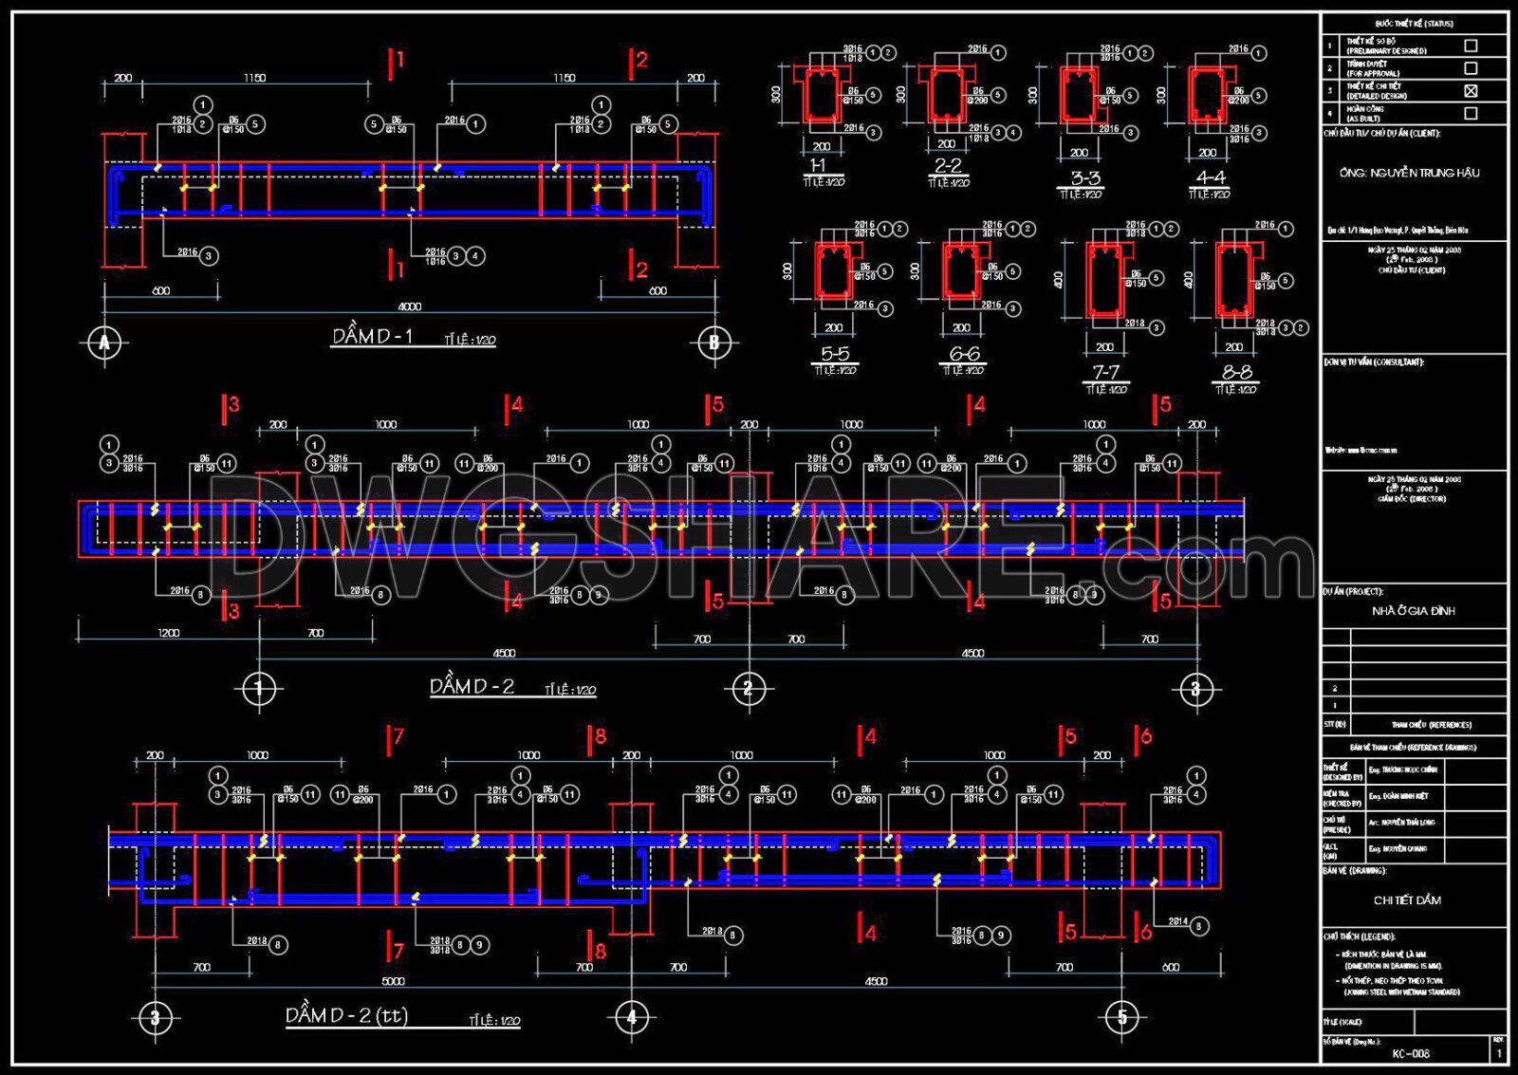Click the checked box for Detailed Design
point(1471,91)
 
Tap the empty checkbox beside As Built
point(1471,113)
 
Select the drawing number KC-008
point(1411,1053)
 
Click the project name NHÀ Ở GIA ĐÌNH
point(1413,611)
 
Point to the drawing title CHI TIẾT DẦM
point(1407,899)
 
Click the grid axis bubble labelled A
point(104,343)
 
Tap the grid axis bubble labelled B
point(714,343)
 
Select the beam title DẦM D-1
point(373,336)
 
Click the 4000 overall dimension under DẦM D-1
point(409,306)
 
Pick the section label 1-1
point(818,166)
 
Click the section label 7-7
point(1105,373)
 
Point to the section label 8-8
point(1236,373)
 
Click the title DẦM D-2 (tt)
point(346,1015)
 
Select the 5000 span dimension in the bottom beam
point(393,981)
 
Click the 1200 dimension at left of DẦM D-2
point(168,633)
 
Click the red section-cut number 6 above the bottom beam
point(1146,736)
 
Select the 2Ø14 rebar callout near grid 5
point(1177,921)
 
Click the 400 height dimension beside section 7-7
point(1058,279)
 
